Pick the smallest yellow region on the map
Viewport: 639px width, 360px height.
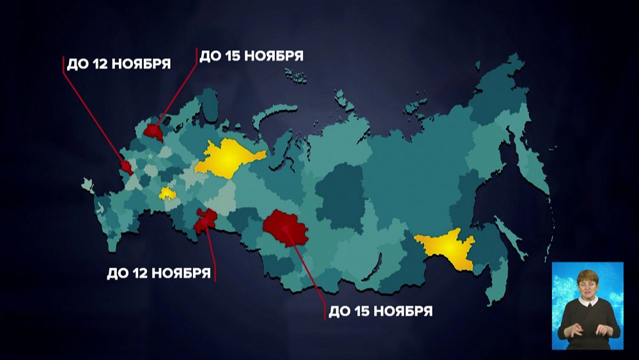coord(167,193)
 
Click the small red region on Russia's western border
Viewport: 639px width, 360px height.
coord(127,168)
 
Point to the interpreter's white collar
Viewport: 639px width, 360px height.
coord(587,301)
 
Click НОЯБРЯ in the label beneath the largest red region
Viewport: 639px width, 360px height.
coord(403,312)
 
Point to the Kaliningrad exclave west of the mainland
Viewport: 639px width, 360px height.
coord(88,186)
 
